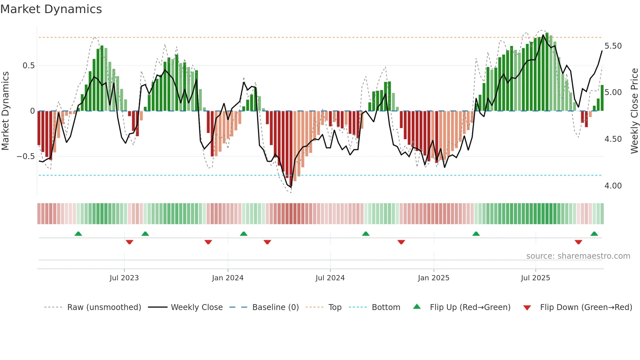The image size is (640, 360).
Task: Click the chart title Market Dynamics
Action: pos(51,9)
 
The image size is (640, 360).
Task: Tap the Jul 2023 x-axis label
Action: pos(124,278)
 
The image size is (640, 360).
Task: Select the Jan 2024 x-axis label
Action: pos(228,278)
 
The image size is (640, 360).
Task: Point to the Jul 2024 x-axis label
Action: pos(330,278)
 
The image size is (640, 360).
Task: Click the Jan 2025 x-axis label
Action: pos(434,278)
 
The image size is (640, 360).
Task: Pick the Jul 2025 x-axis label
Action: pos(536,278)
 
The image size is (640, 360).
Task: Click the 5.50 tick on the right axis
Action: pos(613,46)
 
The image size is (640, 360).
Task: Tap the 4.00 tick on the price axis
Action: pos(613,186)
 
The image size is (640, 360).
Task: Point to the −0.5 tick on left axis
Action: pos(26,156)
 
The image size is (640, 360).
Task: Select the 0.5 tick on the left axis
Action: pos(28,66)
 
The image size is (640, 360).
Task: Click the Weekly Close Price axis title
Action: pos(634,111)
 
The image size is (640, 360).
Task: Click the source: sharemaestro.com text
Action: pos(578,256)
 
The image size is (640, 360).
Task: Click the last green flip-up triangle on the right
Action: pos(594,234)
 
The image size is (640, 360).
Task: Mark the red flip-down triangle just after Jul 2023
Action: pos(129,242)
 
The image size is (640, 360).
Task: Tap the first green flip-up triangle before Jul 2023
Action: pos(78,234)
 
